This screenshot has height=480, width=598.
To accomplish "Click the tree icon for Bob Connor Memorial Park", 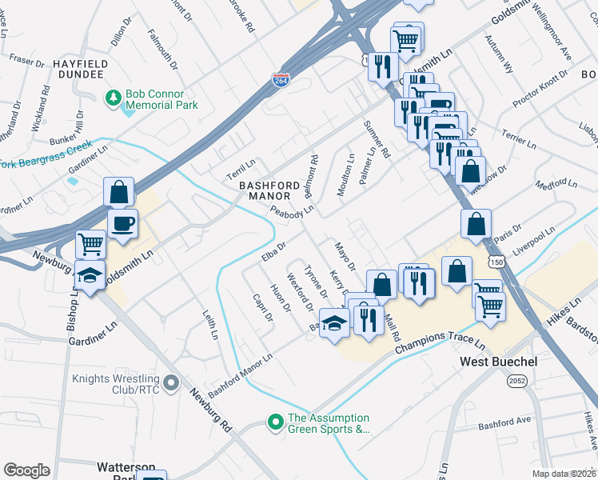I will (114, 98).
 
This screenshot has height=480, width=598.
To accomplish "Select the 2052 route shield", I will (517, 382).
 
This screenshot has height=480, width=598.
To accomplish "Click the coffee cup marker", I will (122, 224).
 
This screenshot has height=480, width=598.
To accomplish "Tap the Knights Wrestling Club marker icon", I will (170, 385).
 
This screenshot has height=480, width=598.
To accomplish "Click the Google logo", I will (26, 470).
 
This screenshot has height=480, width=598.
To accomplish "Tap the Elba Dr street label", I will (273, 251).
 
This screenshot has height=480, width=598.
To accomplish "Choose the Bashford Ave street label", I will (504, 422).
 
